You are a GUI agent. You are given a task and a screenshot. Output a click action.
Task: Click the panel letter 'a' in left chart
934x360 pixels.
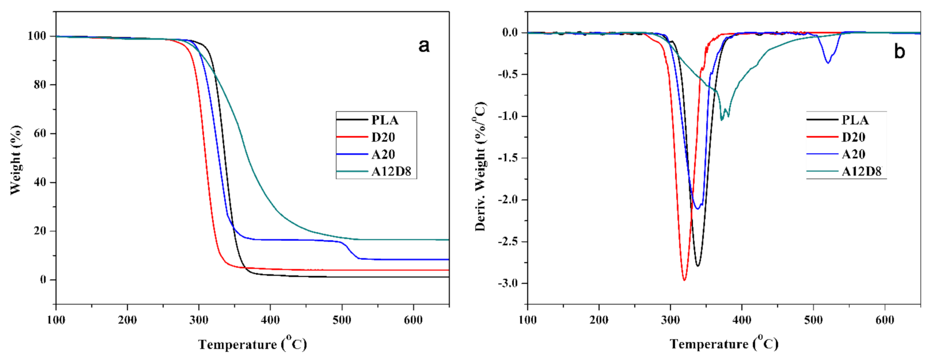423,46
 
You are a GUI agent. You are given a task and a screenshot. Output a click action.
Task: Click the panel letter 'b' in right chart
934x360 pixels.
899,52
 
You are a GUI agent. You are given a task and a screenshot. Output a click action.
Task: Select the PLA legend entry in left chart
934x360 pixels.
384,120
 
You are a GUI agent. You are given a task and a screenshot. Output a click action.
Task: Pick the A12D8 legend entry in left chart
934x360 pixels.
391,172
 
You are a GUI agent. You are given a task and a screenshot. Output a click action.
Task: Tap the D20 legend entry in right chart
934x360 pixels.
853,137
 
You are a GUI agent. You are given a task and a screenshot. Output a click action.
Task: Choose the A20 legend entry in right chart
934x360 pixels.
853,155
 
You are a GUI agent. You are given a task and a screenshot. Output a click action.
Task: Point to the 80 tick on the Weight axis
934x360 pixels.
40,85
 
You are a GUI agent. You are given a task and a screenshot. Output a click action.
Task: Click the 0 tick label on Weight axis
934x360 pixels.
43,280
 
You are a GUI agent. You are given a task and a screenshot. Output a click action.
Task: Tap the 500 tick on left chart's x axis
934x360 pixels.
342,320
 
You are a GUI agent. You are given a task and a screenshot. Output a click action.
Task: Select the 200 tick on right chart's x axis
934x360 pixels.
599,320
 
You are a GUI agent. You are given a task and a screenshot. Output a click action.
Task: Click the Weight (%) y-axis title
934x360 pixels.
16,160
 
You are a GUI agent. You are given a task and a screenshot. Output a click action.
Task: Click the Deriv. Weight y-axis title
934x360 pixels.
480,166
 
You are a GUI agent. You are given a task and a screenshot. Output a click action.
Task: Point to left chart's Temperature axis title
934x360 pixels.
252,344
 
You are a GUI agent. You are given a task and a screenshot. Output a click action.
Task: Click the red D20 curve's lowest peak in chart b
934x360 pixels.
684,280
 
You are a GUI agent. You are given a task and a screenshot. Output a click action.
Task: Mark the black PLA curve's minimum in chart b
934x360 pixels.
697,266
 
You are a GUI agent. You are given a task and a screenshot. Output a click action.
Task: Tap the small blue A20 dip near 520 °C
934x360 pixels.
828,63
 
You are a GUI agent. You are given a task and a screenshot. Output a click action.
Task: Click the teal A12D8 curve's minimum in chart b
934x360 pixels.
722,120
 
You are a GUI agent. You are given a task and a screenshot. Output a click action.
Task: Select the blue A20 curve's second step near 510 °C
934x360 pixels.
350,251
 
